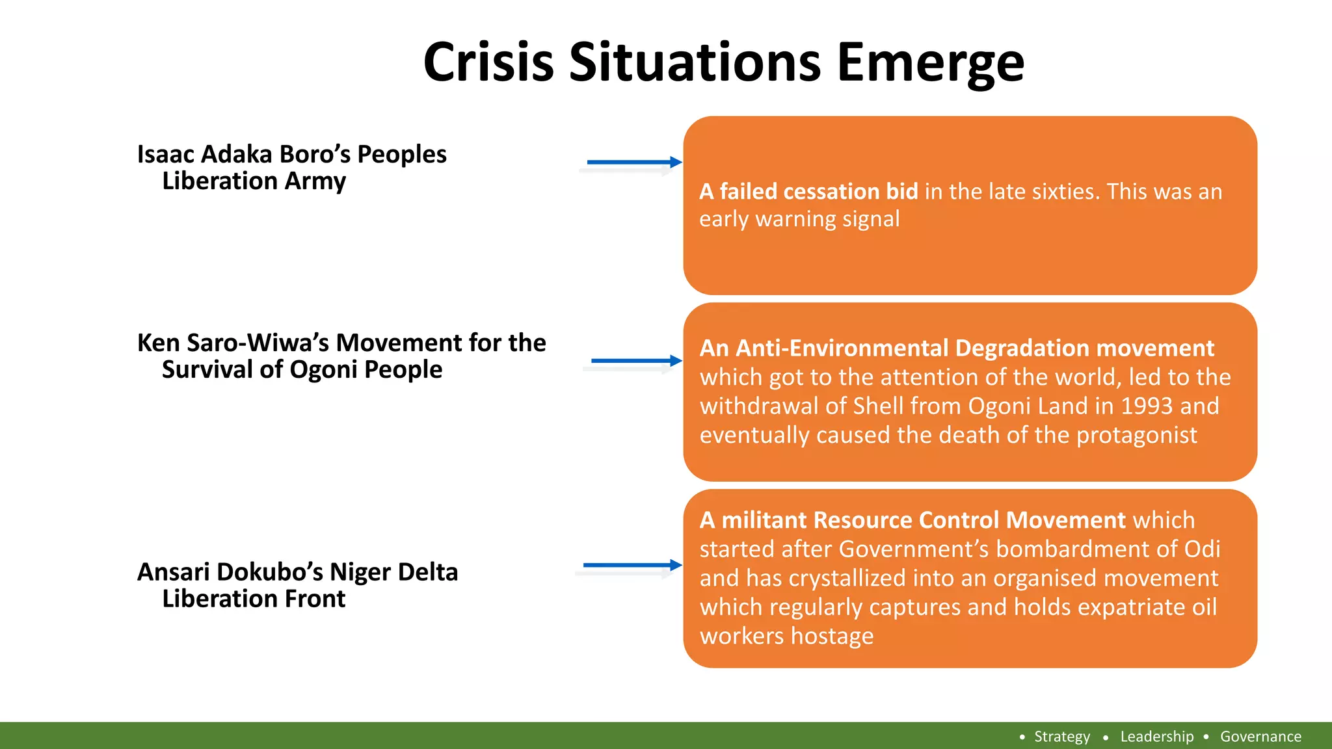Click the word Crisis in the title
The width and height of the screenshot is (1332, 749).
488,62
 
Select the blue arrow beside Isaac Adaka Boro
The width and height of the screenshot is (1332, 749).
633,162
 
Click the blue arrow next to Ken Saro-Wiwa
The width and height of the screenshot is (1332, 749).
635,360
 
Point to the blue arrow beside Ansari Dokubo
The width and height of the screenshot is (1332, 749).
632,565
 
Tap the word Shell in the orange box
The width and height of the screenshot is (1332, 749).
879,406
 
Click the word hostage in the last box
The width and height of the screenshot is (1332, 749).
832,637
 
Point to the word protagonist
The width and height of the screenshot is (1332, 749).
1136,436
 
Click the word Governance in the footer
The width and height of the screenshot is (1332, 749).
1260,737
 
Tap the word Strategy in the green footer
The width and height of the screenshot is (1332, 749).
1062,737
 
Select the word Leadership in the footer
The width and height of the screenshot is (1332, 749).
1156,737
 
